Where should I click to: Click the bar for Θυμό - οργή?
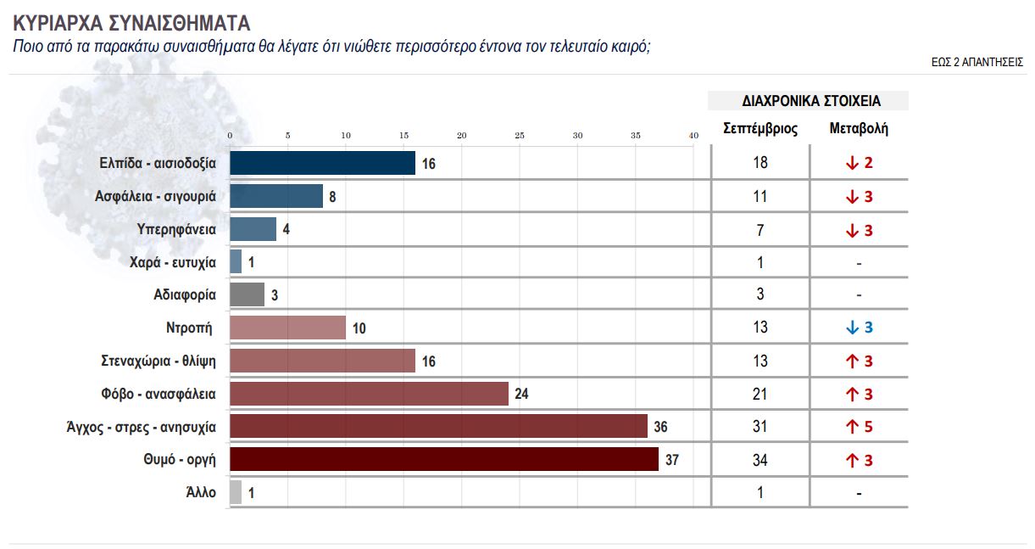[x=444, y=459]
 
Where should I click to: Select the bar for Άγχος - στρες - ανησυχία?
[x=438, y=426]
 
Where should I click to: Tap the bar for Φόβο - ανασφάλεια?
[x=369, y=394]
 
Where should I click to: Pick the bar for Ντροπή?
[x=288, y=328]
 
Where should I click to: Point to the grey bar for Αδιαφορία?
[x=247, y=294]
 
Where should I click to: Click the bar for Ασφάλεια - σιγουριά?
[x=276, y=196]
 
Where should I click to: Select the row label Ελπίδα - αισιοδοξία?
[x=159, y=163]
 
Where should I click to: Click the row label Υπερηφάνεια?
[x=176, y=229]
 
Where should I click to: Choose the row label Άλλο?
[x=202, y=492]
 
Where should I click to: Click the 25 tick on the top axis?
[x=520, y=136]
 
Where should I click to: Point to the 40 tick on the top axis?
[x=693, y=136]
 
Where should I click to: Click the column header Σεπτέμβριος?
[x=760, y=129]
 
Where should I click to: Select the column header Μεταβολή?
[x=859, y=129]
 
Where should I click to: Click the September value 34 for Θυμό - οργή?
[x=760, y=460]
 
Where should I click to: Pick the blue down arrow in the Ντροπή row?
[x=852, y=328]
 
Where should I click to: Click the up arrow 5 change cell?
[x=859, y=427]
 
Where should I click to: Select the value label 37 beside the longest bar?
[x=672, y=460]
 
